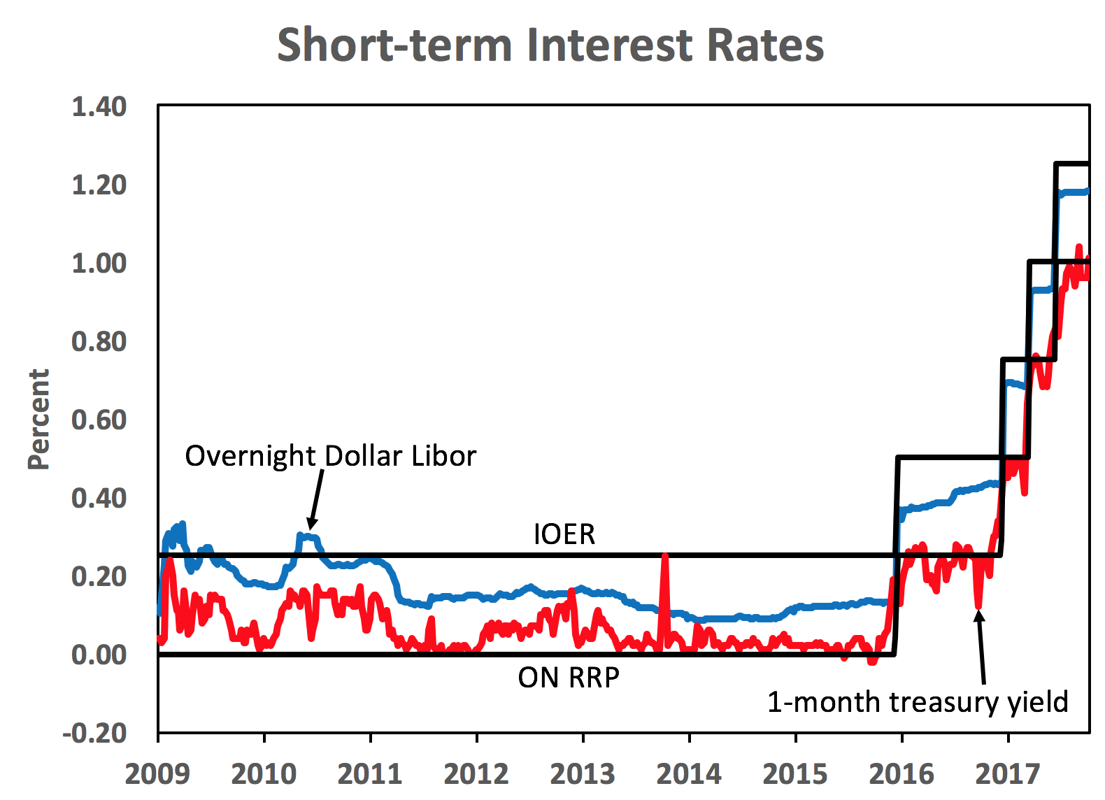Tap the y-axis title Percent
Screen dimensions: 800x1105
click(39, 420)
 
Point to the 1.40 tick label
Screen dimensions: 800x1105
click(99, 107)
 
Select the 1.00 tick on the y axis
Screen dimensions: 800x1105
click(99, 264)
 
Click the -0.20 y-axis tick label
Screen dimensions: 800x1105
click(94, 734)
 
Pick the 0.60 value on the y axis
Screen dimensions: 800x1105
click(99, 420)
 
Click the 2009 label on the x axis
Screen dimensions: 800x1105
click(157, 774)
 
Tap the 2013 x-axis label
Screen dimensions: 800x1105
click(583, 774)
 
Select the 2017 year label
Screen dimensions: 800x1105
click(1008, 774)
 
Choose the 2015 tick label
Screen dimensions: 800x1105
click(795, 774)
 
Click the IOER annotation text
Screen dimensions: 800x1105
click(564, 534)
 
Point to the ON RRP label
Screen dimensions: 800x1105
click(569, 678)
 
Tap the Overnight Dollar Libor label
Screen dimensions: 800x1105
click(330, 456)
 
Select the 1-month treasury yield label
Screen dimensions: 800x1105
click(918, 701)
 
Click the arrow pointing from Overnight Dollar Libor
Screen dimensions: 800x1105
click(316, 499)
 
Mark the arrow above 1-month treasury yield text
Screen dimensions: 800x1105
click(981, 647)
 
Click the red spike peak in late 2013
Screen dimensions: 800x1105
click(664, 557)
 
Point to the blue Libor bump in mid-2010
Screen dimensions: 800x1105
click(308, 537)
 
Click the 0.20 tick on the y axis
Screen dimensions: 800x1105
click(99, 577)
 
